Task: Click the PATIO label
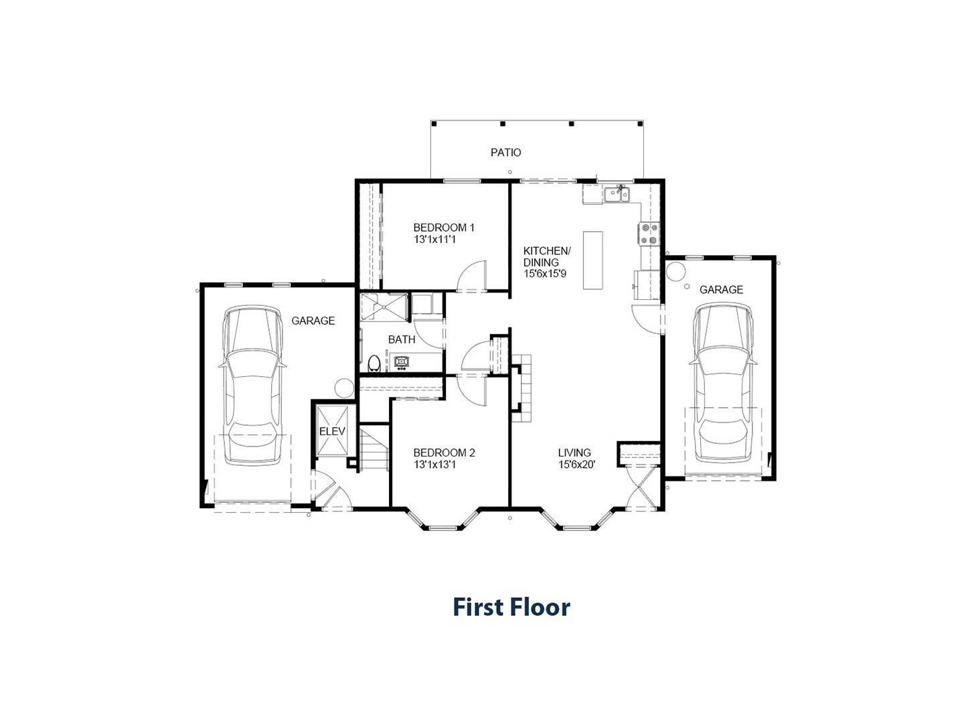click(505, 153)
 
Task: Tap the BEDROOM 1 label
click(444, 228)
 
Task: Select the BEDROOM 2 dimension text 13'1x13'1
click(434, 464)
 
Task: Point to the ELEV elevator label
click(332, 431)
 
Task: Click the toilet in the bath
click(374, 364)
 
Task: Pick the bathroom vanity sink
click(402, 361)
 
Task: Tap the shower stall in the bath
click(384, 307)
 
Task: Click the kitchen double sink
click(617, 194)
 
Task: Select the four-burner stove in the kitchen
click(649, 234)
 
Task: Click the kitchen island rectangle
click(592, 260)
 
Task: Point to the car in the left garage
click(252, 386)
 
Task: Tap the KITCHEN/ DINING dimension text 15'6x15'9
click(545, 274)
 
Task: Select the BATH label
click(402, 339)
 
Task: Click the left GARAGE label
click(313, 321)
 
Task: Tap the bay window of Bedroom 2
click(442, 521)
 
